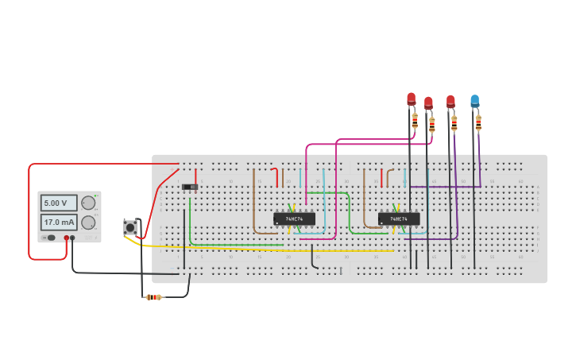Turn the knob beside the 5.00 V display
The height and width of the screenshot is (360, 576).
tap(88, 203)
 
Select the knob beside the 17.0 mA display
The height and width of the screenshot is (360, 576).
tap(88, 223)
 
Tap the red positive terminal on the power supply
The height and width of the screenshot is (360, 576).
tap(66, 238)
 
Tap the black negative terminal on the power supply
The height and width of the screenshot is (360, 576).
tap(72, 238)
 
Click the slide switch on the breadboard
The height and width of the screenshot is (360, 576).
tap(190, 188)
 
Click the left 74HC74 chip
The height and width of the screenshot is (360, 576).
tap(294, 219)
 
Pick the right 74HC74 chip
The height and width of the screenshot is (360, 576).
tap(399, 219)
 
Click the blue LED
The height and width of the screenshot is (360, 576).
tap(474, 101)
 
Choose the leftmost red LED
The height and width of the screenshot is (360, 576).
tap(411, 99)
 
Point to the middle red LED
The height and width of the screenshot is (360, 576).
tap(428, 103)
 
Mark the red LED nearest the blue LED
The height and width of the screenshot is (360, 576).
tap(450, 101)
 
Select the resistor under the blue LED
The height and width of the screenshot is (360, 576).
tap(478, 122)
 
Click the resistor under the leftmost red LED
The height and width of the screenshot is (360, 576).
tap(415, 120)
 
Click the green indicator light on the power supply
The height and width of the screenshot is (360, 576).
tap(96, 195)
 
